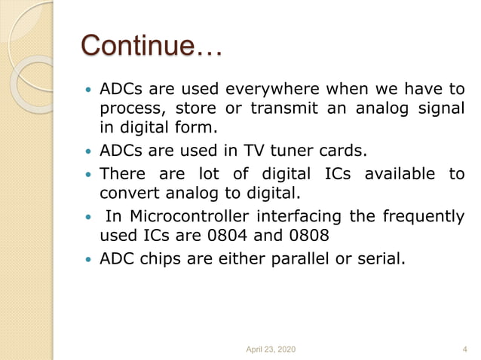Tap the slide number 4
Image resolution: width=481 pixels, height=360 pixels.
coord(464,349)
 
